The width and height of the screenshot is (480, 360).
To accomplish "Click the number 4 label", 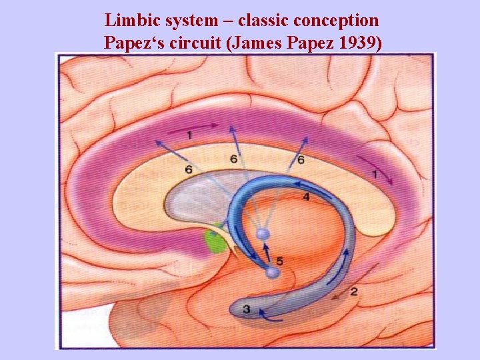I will pos(306,197).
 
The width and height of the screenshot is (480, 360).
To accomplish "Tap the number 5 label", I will pos(279,260).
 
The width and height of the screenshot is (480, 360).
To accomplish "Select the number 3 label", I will pos(246,309).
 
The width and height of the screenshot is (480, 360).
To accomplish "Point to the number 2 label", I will pos(353,291).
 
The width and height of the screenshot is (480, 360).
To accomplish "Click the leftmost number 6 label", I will pos(189,171).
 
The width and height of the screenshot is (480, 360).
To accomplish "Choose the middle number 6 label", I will pos(233,159).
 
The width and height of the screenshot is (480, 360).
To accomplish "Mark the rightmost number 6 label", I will pos(301,160).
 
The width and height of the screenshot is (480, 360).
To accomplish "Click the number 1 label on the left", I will pos(189,135).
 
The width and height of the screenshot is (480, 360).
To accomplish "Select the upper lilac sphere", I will pos(263,233).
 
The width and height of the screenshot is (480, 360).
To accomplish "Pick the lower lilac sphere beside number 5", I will pos(271,272).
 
